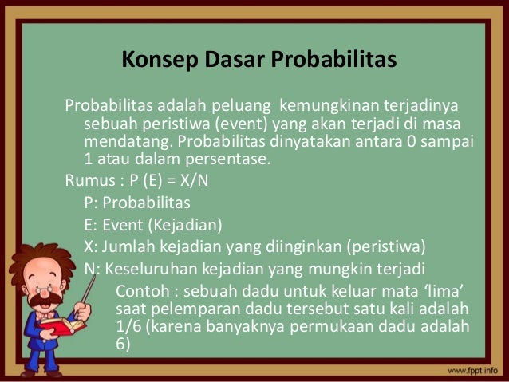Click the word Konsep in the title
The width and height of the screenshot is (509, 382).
point(152,60)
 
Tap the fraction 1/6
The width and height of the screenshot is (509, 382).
point(129,327)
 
